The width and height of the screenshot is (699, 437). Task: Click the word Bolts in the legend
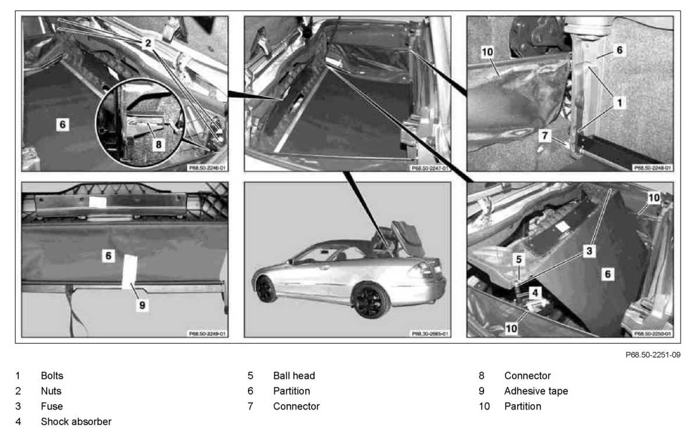point(52,376)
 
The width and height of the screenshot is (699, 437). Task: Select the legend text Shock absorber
point(76,421)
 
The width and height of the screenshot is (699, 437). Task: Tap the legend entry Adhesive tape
point(536,391)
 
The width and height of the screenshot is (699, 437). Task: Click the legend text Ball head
point(294,376)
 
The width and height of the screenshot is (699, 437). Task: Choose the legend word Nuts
point(51,391)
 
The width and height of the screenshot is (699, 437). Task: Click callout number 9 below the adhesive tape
point(142,304)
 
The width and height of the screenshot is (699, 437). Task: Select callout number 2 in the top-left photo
point(149,42)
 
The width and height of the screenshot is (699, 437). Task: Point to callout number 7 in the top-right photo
point(544,136)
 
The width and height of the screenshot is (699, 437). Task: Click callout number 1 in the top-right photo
point(620,102)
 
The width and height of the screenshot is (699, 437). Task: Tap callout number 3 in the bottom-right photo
point(589,251)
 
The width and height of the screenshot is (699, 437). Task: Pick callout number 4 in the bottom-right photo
point(534,293)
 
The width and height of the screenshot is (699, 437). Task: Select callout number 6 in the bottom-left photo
point(108,255)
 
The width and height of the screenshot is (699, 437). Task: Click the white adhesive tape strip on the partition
point(129,271)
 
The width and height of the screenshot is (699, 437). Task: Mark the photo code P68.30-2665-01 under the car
point(430,334)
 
